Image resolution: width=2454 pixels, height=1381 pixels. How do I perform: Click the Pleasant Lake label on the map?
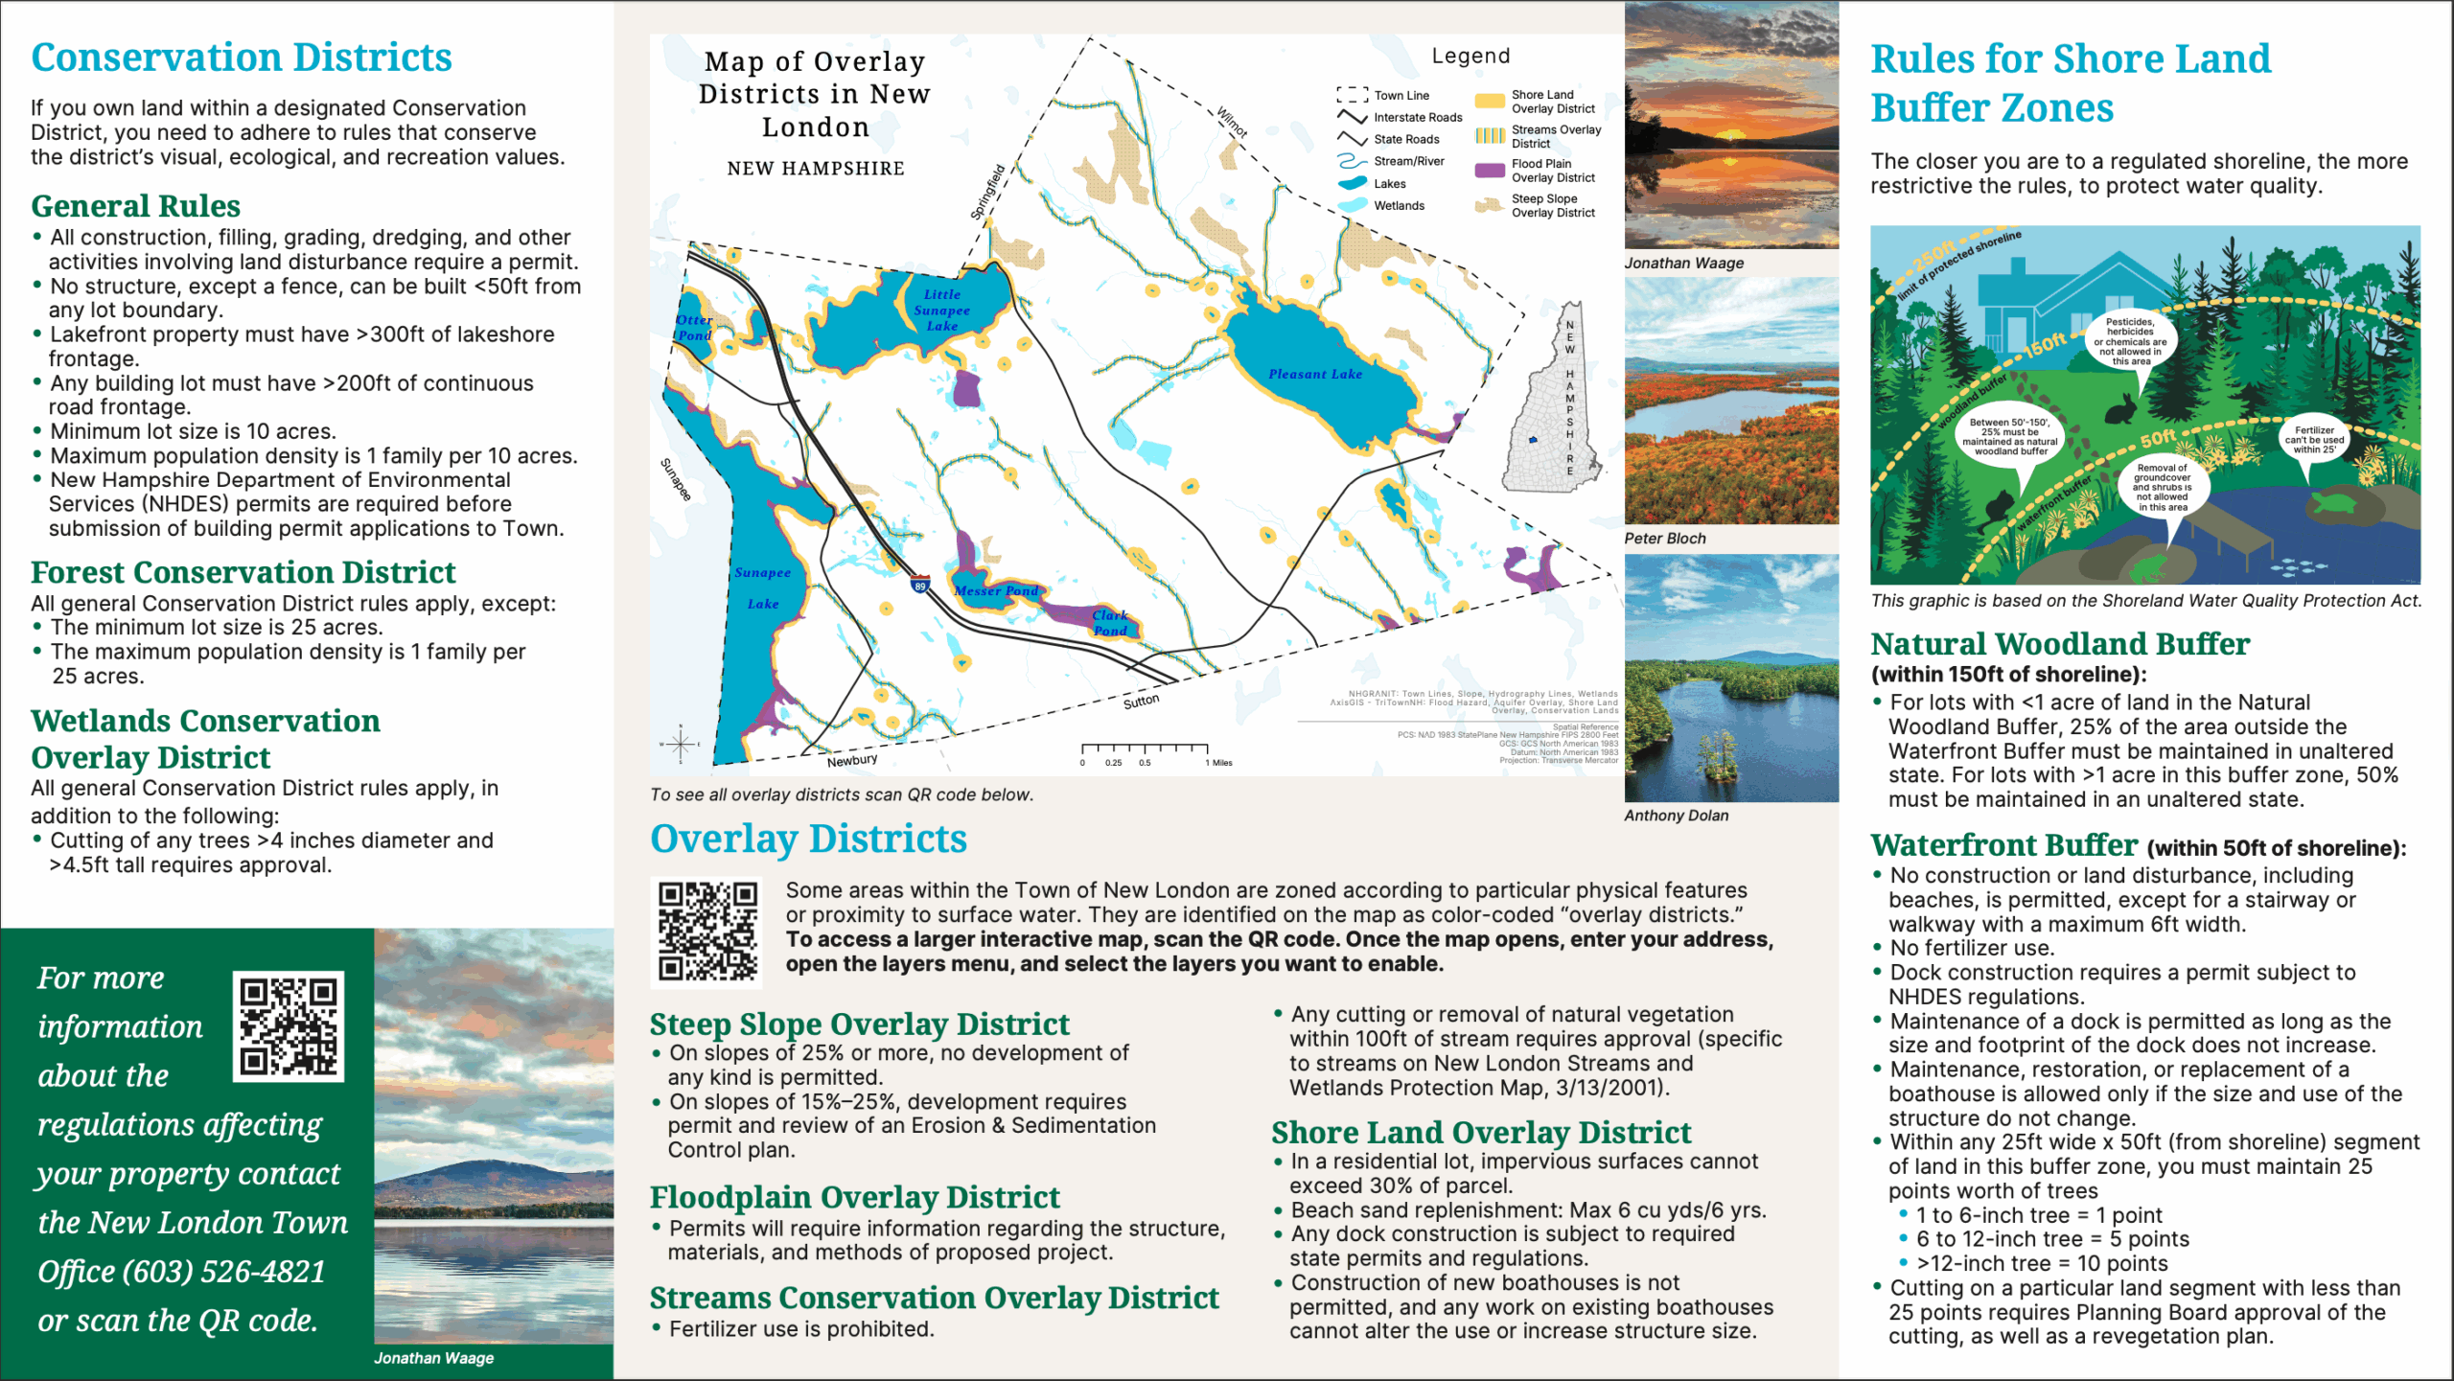pyautogui.click(x=1315, y=375)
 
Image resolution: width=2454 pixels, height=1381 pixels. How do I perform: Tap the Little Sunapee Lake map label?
pyautogui.click(x=941, y=311)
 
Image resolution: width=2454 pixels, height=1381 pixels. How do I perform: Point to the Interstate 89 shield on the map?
pyautogui.click(x=920, y=585)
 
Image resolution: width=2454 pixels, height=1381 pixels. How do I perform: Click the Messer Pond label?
pyautogui.click(x=996, y=591)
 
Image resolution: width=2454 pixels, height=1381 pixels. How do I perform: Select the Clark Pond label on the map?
pyautogui.click(x=1110, y=623)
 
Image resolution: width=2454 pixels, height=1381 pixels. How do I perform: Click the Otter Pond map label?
pyautogui.click(x=694, y=328)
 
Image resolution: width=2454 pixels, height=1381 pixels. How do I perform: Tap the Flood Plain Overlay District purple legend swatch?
pyautogui.click(x=1489, y=171)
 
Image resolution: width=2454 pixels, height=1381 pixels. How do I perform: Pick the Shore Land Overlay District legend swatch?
pyautogui.click(x=1489, y=101)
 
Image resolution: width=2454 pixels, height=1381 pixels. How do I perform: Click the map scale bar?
pyautogui.click(x=1145, y=749)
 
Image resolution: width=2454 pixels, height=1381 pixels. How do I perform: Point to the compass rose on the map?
pyautogui.click(x=681, y=744)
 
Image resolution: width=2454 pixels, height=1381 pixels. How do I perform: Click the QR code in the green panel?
pyautogui.click(x=288, y=1026)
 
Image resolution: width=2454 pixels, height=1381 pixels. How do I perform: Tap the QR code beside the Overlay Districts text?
pyautogui.click(x=707, y=932)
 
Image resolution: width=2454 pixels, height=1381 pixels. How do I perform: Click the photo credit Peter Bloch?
pyautogui.click(x=1665, y=539)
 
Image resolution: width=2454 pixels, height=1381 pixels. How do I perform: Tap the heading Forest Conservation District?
pyautogui.click(x=243, y=572)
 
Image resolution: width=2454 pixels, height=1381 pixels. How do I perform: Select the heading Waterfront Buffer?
pyautogui.click(x=2003, y=845)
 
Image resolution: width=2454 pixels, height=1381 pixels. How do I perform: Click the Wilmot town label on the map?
pyautogui.click(x=1233, y=123)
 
